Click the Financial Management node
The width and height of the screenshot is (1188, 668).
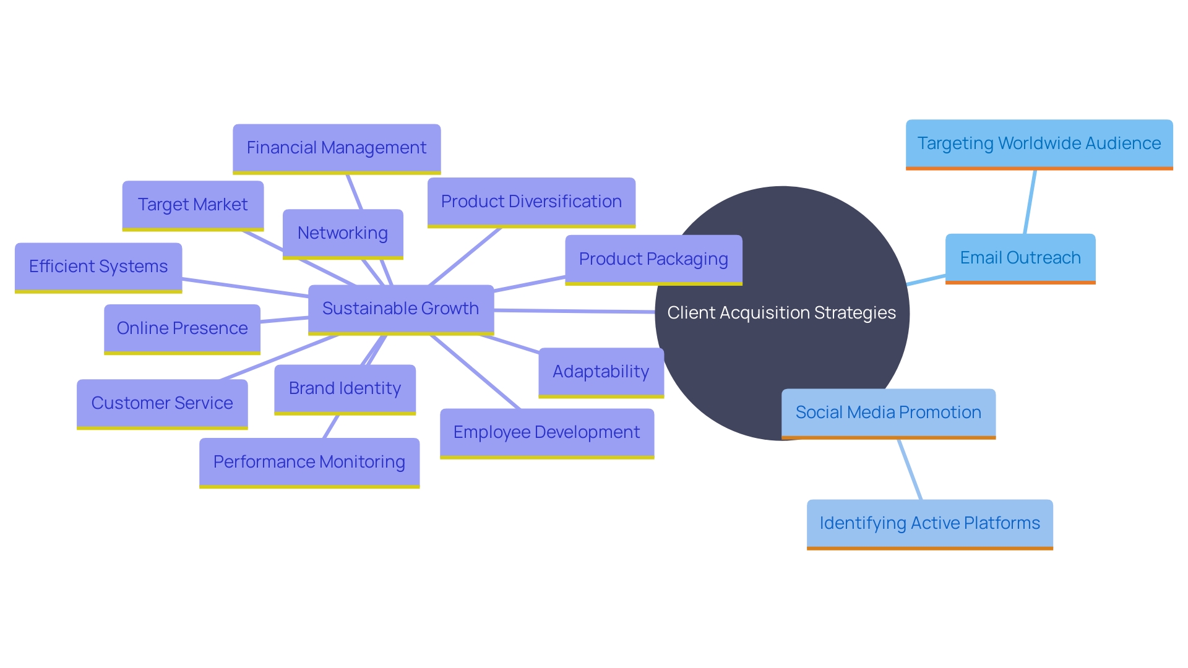337,148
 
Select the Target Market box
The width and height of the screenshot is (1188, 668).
193,205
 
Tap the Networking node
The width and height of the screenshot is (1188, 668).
343,233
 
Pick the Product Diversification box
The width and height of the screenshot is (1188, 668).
531,202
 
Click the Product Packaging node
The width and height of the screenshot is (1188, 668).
653,259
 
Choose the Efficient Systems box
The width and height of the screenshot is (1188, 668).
98,267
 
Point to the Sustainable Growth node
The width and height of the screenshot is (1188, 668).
400,309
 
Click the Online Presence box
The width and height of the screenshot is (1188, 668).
182,328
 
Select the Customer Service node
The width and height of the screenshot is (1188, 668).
162,403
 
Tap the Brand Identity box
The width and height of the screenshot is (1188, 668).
345,388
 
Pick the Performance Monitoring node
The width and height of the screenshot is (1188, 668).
309,462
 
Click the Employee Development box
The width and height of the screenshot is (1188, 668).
547,432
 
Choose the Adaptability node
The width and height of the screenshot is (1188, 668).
601,372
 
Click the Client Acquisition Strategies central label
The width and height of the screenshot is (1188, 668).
781,313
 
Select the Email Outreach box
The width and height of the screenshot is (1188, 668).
1020,258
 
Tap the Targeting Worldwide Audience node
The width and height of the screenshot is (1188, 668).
1039,143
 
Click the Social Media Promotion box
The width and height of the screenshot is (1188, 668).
889,413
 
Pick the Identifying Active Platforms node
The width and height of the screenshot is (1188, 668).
929,523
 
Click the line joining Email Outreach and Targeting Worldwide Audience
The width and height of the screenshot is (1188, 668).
1030,202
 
